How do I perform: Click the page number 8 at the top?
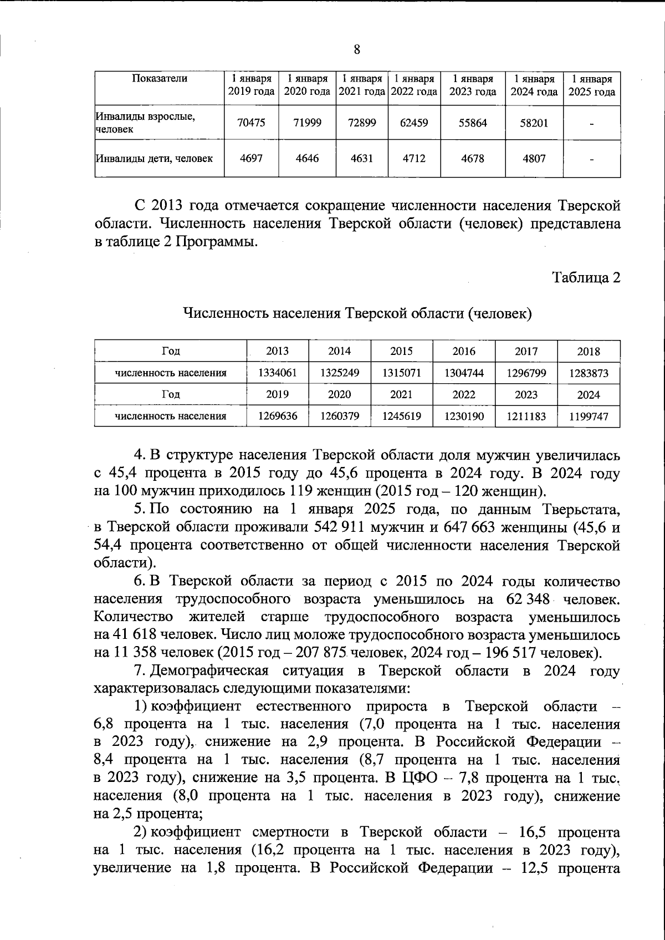click(x=357, y=50)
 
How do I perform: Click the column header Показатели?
click(x=160, y=79)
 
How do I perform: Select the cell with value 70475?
click(x=251, y=123)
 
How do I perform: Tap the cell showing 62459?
click(x=414, y=123)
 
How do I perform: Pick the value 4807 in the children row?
click(x=534, y=159)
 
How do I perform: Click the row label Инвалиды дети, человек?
click(x=155, y=159)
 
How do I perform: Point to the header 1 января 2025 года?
click(x=592, y=85)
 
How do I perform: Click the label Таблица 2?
click(x=586, y=277)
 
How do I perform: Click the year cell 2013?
click(x=278, y=352)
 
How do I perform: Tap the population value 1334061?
click(x=278, y=373)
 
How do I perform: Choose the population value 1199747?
click(x=589, y=416)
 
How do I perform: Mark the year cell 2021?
click(x=402, y=395)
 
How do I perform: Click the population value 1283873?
click(x=589, y=373)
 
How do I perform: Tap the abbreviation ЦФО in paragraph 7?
click(x=413, y=778)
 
